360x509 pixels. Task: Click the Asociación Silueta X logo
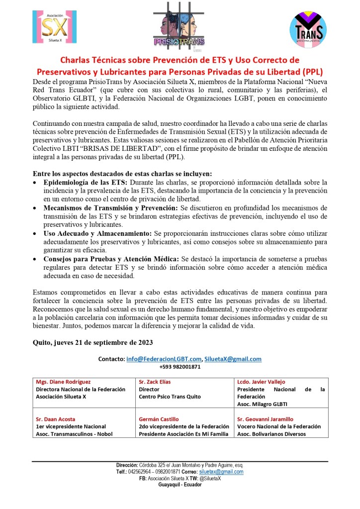tap(55, 26)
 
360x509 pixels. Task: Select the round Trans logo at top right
tap(308, 29)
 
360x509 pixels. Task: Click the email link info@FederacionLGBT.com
tap(164, 359)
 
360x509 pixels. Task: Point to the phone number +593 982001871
tap(180, 367)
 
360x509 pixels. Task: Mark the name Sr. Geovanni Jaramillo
tap(266, 419)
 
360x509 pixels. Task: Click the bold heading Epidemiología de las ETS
tap(82, 182)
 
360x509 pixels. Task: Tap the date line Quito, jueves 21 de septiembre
tap(92, 343)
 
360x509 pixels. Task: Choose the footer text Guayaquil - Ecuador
tap(180, 485)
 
